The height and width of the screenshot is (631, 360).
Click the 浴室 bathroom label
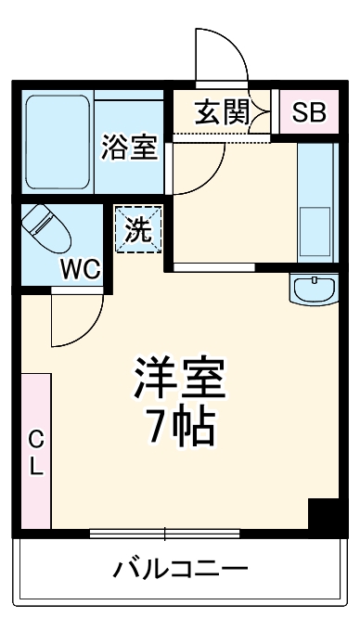pyautogui.click(x=130, y=147)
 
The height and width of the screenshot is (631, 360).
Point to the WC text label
pyautogui.click(x=81, y=269)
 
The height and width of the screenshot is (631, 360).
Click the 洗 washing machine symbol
pyautogui.click(x=137, y=230)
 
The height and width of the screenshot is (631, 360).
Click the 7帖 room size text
pyautogui.click(x=180, y=426)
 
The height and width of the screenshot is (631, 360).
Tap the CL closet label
pyautogui.click(x=35, y=452)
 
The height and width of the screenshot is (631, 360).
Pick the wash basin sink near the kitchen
pyautogui.click(x=315, y=289)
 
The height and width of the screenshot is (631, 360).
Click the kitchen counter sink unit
pyautogui.click(x=315, y=200)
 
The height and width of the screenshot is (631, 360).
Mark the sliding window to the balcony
pyautogui.click(x=165, y=534)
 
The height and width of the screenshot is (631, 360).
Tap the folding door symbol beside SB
pyautogui.click(x=264, y=113)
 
